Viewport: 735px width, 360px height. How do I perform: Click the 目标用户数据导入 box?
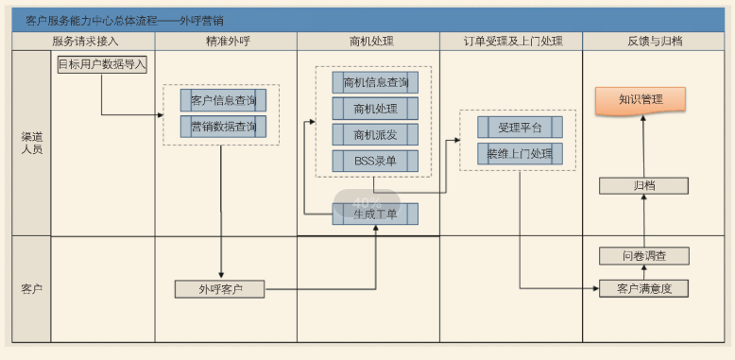(102, 64)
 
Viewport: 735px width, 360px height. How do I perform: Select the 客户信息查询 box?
(223, 100)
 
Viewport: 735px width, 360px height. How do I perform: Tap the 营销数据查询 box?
(223, 127)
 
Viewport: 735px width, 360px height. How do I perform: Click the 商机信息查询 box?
(375, 82)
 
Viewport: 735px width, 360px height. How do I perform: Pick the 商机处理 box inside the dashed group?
(375, 109)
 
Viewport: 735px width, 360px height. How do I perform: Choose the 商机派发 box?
(375, 135)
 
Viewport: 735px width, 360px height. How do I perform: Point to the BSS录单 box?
(375, 162)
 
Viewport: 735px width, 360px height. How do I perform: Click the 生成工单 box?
(375, 214)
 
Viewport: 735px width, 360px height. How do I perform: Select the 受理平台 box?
(520, 127)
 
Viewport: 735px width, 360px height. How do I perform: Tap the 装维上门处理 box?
(520, 153)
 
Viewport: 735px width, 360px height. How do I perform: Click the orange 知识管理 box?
(641, 99)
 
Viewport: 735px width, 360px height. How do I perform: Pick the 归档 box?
(643, 185)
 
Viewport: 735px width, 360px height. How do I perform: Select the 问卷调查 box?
(643, 256)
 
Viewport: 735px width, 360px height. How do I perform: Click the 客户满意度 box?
(643, 288)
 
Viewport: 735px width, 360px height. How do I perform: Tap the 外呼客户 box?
(219, 289)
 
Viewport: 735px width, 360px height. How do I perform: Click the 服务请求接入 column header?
(86, 42)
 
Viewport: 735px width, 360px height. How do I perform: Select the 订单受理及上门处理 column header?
(512, 42)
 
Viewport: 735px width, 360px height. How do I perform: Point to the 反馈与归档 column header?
(655, 42)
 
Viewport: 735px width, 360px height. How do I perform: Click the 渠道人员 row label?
(31, 143)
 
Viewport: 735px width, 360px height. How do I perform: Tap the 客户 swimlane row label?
(31, 288)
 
